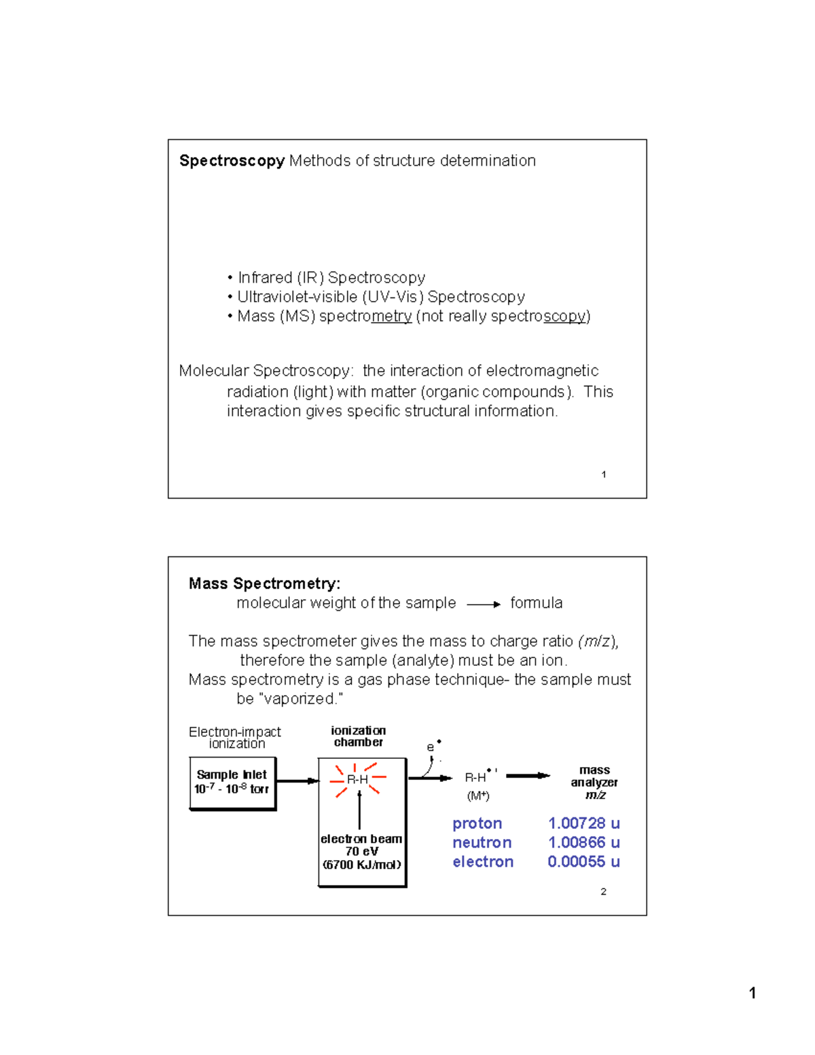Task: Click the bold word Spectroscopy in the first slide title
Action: click(x=232, y=161)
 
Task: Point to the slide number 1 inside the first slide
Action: click(x=604, y=475)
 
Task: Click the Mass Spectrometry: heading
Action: click(x=264, y=584)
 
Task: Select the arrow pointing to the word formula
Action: click(x=484, y=604)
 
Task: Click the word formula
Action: click(x=536, y=603)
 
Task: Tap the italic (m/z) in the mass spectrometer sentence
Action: click(x=598, y=641)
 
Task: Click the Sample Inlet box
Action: click(x=232, y=783)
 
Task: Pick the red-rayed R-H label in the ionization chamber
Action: click(x=357, y=779)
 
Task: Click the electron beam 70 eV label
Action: click(x=361, y=851)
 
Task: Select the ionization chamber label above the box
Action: click(x=358, y=736)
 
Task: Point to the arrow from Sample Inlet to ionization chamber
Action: click(x=297, y=781)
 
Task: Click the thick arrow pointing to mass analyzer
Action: click(x=528, y=776)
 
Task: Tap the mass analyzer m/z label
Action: click(x=594, y=782)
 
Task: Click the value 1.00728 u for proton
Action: click(x=583, y=823)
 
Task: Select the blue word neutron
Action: click(x=482, y=842)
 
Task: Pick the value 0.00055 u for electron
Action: click(x=583, y=861)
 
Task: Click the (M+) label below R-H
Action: click(x=477, y=795)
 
